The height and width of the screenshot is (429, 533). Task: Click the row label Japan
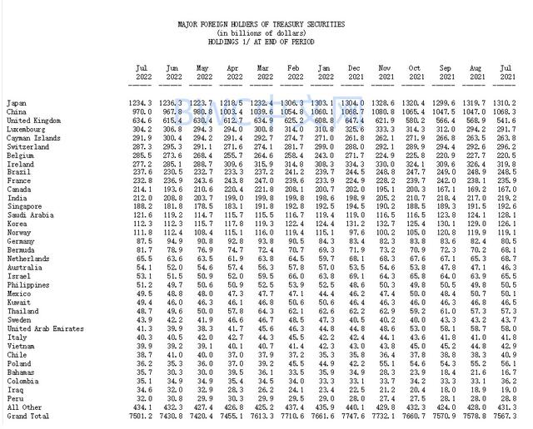coord(15,101)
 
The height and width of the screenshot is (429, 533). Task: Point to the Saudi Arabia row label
coord(27,215)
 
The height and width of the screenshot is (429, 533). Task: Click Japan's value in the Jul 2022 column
coord(140,101)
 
